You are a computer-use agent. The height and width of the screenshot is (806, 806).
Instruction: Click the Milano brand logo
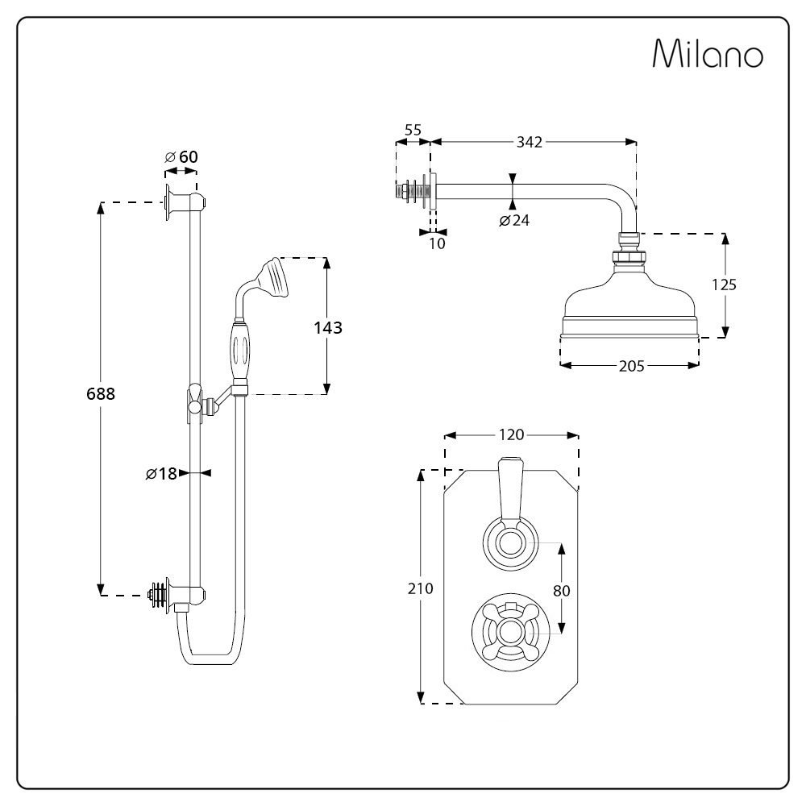[708, 53]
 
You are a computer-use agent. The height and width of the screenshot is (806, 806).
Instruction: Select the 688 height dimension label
[101, 394]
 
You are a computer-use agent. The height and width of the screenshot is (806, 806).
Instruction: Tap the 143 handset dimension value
[328, 327]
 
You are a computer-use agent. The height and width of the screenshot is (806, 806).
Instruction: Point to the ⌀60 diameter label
[181, 157]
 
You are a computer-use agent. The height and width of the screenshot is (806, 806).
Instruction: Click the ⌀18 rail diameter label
[161, 473]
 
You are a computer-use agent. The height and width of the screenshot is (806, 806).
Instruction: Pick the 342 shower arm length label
[530, 142]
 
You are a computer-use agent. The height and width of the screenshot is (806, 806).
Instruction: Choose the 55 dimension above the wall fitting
[413, 130]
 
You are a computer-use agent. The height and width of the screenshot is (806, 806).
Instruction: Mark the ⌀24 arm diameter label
[514, 221]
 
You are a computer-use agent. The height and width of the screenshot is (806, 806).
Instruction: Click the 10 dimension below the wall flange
[437, 243]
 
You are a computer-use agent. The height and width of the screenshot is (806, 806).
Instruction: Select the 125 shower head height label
[725, 285]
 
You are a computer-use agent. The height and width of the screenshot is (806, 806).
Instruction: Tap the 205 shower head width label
[632, 366]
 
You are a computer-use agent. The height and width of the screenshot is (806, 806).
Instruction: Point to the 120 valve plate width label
[512, 435]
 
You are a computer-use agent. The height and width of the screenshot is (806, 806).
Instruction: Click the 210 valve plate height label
[421, 588]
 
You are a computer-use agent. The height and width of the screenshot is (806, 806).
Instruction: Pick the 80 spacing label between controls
[562, 591]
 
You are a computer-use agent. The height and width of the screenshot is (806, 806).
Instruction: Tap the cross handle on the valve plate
[510, 632]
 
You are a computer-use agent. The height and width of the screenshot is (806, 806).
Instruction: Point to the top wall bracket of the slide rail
[185, 202]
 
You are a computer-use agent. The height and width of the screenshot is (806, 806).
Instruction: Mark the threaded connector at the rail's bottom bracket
[158, 595]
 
